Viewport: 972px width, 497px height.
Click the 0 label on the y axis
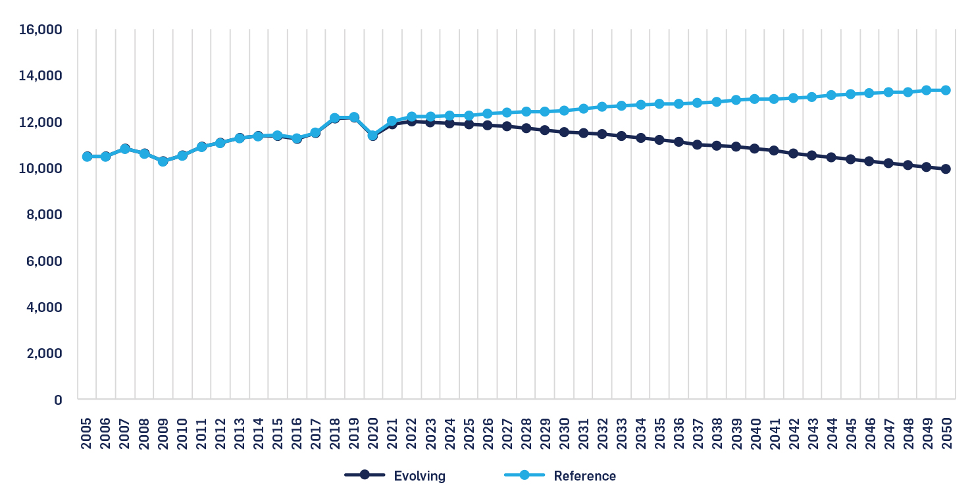[58, 400]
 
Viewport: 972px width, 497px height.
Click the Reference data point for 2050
[946, 90]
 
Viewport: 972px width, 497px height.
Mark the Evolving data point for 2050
[946, 169]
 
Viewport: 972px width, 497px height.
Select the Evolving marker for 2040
[755, 149]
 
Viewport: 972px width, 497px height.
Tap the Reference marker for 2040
[755, 99]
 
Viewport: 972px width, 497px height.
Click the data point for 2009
[163, 161]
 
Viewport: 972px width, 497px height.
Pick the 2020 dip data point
[373, 136]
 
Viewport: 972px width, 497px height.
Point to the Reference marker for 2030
[564, 111]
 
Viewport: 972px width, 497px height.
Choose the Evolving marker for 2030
[564, 132]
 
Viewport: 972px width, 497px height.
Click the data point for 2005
[87, 157]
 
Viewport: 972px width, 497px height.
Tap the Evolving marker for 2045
[850, 159]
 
